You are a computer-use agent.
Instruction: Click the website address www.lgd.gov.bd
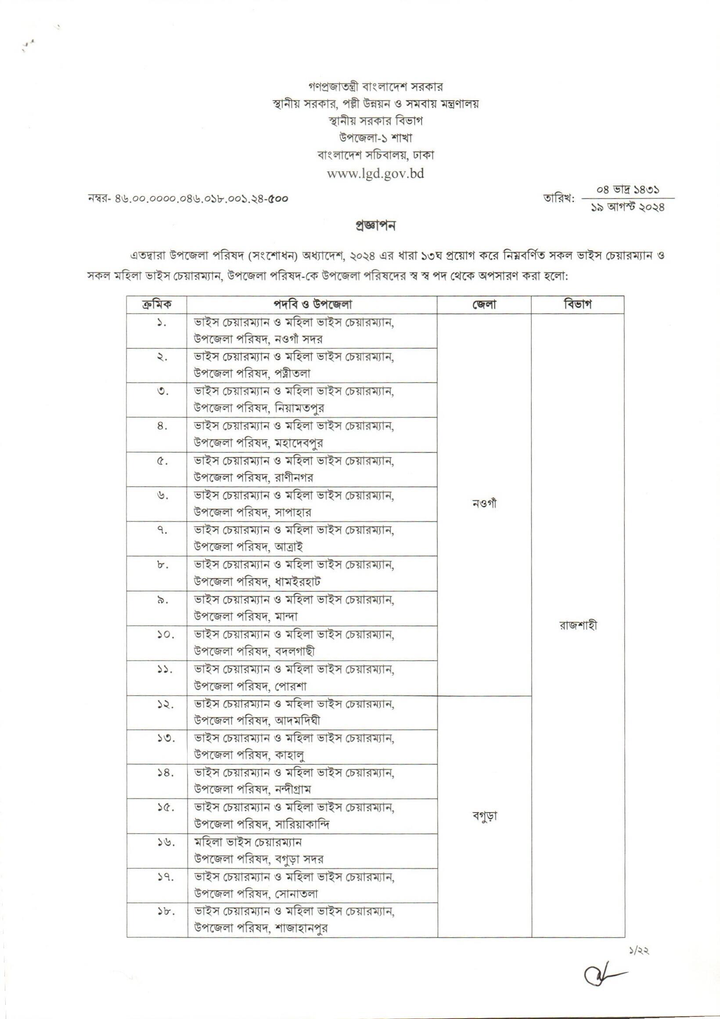pyautogui.click(x=375, y=173)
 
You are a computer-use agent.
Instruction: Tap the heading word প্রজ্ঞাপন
pyautogui.click(x=375, y=226)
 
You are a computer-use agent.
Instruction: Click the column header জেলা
pyautogui.click(x=484, y=304)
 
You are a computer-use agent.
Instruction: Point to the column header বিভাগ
pyautogui.click(x=578, y=304)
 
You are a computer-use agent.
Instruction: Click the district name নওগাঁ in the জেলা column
pyautogui.click(x=484, y=504)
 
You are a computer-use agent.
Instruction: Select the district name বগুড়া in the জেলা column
pyautogui.click(x=484, y=816)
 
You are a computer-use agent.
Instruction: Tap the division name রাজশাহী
pyautogui.click(x=578, y=625)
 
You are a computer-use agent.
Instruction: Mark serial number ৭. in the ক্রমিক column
pyautogui.click(x=161, y=530)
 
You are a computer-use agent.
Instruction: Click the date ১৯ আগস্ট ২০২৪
pyautogui.click(x=628, y=207)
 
